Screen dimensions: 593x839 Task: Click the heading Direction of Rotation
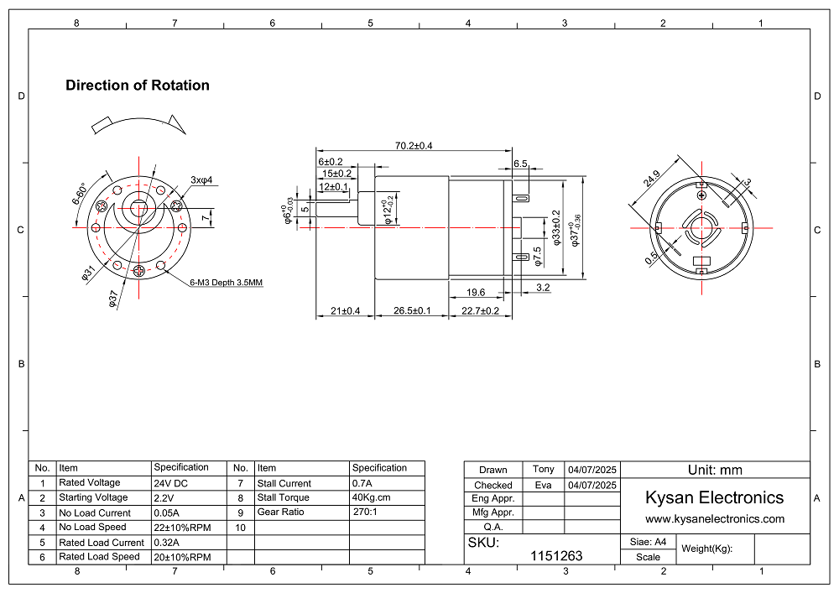pos(138,86)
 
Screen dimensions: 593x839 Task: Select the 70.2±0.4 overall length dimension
pos(414,146)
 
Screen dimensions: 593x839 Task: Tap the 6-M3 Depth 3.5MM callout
pos(227,283)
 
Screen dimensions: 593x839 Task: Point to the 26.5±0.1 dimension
pos(412,311)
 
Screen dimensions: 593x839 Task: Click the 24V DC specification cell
pos(170,483)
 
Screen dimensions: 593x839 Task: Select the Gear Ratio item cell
pos(280,512)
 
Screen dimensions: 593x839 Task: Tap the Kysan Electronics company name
pos(714,497)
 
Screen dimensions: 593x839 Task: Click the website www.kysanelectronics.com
pos(715,519)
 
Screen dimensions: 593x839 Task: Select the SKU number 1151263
pos(556,556)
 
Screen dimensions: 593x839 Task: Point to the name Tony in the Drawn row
pos(544,469)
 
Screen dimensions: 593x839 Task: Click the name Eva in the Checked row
pos(544,485)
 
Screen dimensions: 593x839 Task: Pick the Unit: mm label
pos(715,470)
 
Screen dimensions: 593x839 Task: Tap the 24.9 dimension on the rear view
pos(652,179)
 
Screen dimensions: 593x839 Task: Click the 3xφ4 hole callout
pos(202,179)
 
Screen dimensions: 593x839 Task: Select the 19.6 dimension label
pos(476,292)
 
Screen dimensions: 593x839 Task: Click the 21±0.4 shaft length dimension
pos(345,311)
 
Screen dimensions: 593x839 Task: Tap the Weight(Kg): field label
pos(707,549)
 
